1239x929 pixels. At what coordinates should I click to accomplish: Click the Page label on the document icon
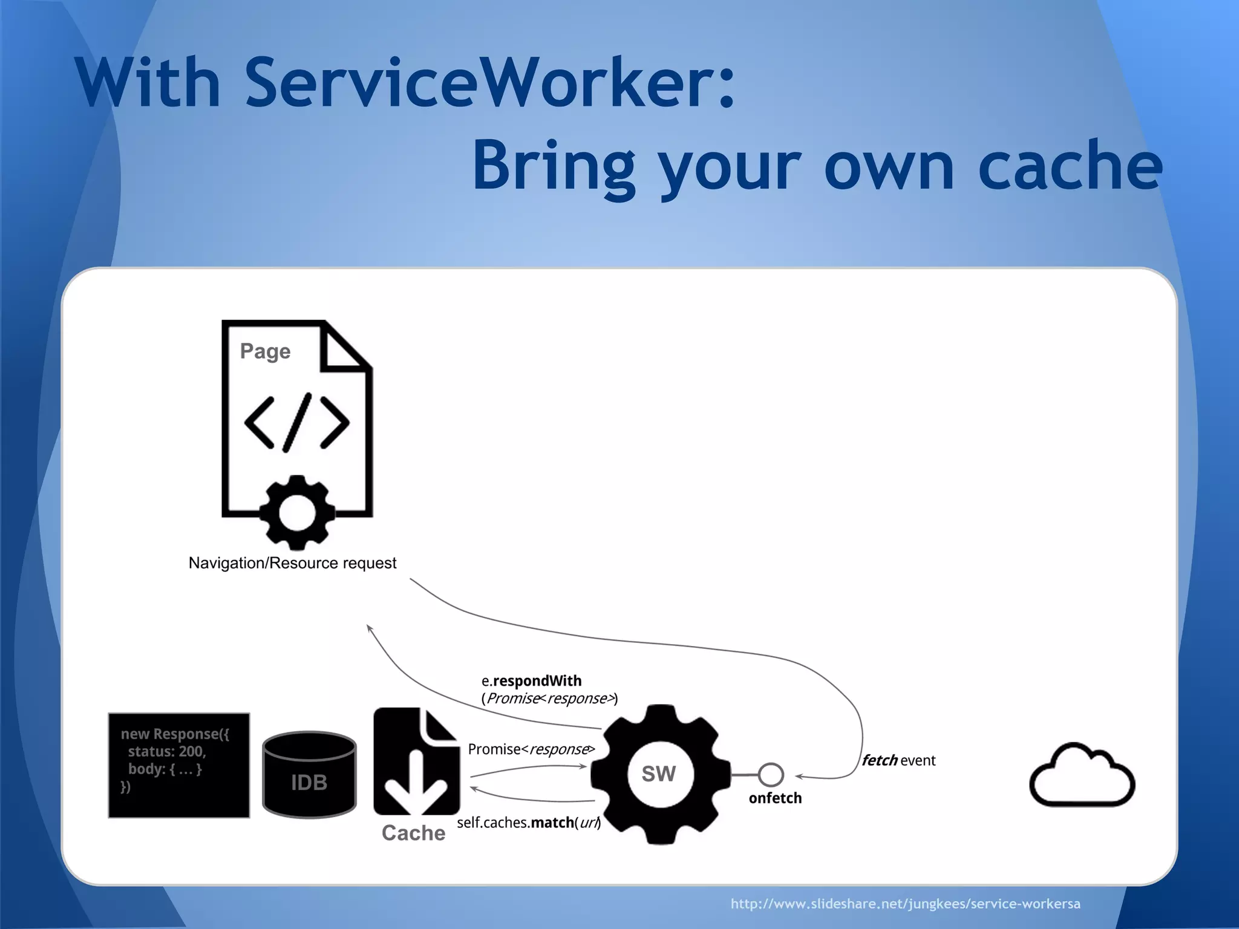tap(265, 351)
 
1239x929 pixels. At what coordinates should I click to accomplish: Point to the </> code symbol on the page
tap(296, 423)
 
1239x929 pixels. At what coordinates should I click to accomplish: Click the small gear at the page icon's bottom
tap(296, 512)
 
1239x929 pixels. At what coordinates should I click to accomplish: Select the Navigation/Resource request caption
tap(292, 563)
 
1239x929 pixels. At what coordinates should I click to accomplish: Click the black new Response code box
tap(179, 765)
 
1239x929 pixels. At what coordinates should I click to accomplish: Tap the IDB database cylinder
tap(309, 775)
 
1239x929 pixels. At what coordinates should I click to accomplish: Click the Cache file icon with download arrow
tap(416, 761)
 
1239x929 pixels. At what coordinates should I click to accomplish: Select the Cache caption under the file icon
tap(413, 833)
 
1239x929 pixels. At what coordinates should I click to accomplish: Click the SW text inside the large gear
tap(659, 774)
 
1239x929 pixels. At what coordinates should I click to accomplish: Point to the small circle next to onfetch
tap(771, 774)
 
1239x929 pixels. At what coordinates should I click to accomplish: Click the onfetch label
tap(775, 798)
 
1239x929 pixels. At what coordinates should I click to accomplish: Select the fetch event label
tap(898, 760)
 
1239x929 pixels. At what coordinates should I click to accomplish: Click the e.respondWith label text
tap(532, 681)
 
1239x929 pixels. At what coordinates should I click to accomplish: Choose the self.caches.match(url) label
tap(529, 823)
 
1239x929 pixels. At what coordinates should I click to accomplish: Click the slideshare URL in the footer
tap(905, 904)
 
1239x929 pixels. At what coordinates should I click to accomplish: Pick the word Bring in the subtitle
tap(553, 165)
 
